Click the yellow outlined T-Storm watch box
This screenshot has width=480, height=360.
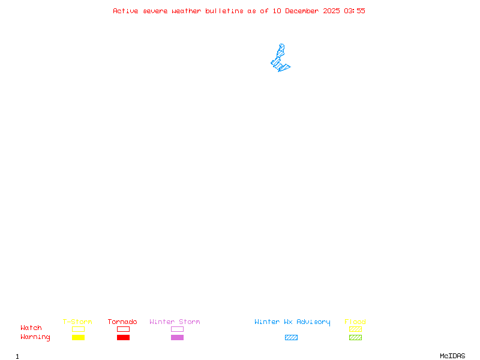coord(78,329)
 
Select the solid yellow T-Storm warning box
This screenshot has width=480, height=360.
coord(78,337)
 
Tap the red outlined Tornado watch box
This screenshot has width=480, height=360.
coord(123,329)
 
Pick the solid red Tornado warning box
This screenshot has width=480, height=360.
coord(123,337)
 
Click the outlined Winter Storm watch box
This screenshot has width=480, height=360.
coord(177,329)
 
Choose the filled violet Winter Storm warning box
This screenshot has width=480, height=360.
coord(177,337)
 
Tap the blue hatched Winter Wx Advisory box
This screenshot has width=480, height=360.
coord(291,337)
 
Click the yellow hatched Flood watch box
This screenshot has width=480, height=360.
coord(355,329)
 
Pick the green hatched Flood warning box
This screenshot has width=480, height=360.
coord(355,337)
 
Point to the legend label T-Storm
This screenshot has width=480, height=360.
coord(77,322)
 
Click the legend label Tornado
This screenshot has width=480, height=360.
coord(122,322)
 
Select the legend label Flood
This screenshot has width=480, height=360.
coord(355,322)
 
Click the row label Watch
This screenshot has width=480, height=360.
coord(31,328)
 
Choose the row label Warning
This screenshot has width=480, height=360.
coord(35,337)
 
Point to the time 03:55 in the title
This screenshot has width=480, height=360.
coord(355,11)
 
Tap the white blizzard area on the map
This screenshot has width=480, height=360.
coord(281,40)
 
